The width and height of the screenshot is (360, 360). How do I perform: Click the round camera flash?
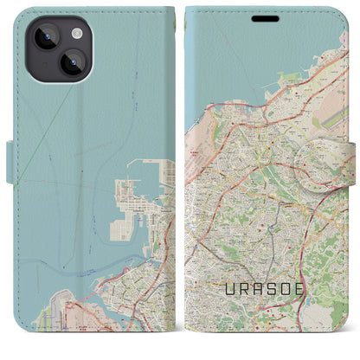[76, 33]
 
